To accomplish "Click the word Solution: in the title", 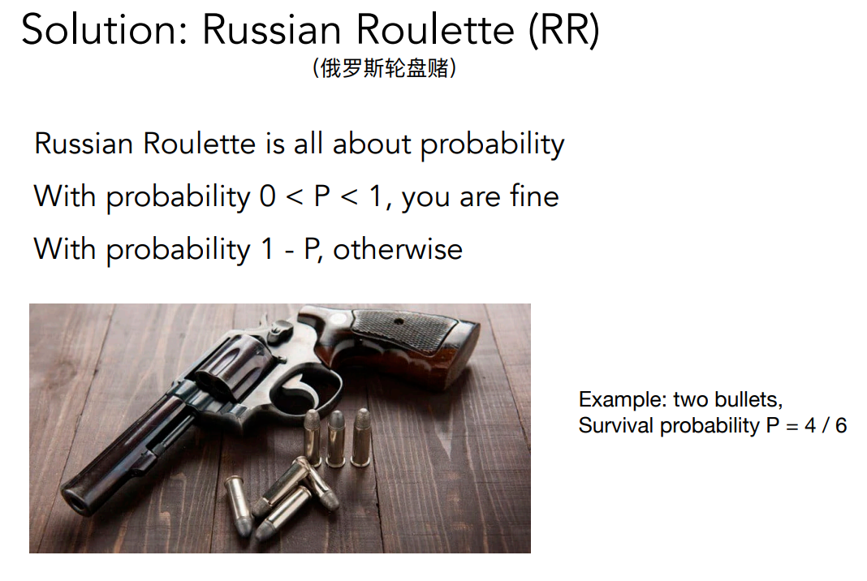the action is pyautogui.click(x=105, y=29).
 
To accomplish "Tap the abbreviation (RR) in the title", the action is pyautogui.click(x=563, y=30).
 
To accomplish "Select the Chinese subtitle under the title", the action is pyautogui.click(x=384, y=68).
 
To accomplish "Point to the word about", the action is pyautogui.click(x=371, y=144).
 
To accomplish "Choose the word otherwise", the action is pyautogui.click(x=398, y=249).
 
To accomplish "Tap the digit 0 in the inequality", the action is pyautogui.click(x=268, y=197).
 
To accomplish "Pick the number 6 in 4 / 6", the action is pyautogui.click(x=840, y=426).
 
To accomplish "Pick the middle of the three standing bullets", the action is pyautogui.click(x=335, y=439).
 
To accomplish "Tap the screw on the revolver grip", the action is pyautogui.click(x=399, y=321).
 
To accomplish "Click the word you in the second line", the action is pyautogui.click(x=425, y=198).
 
